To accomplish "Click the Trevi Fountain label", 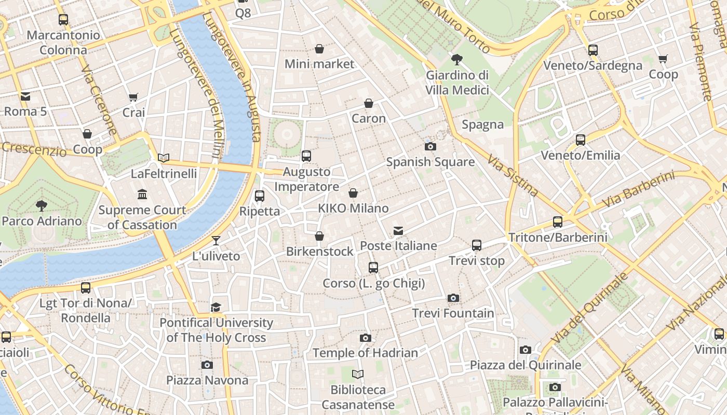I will pos(453,313).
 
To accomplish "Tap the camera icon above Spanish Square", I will pos(430,146).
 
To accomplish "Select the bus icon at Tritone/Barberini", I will pos(558,222).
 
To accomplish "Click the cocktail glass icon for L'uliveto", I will pos(216,241).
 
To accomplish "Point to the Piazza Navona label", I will pos(207,380).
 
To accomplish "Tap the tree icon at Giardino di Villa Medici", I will pos(457,59).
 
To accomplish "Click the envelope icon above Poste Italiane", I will pos(398,230).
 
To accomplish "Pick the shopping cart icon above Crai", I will pos(133,97).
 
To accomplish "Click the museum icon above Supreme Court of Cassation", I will pos(142,195).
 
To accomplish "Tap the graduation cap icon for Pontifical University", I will pos(216,307).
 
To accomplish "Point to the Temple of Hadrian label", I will pos(365,353).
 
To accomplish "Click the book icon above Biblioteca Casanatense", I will pos(358,374).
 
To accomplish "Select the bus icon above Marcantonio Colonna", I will pos(63,20).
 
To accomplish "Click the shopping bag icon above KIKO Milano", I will pos(353,193).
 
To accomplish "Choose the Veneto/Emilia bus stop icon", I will pos(581,140).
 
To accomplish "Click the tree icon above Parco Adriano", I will pos(42,206).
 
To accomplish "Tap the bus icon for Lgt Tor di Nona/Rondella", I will pos(86,287).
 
